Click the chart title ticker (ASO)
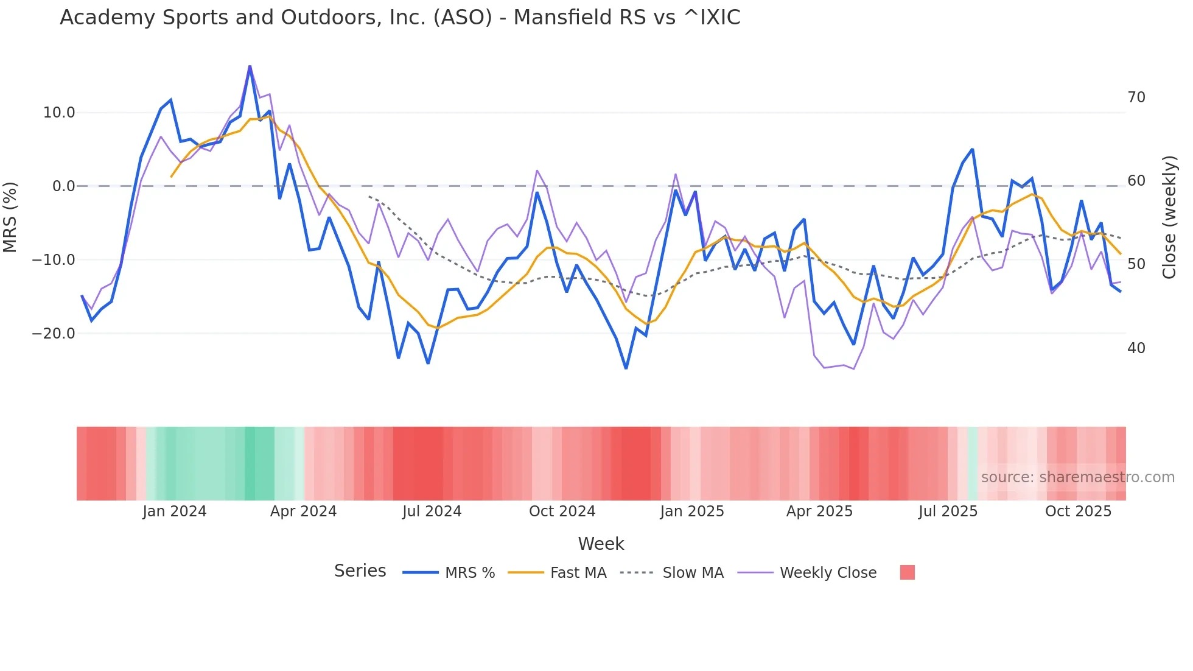click(463, 18)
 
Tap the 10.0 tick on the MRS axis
click(59, 113)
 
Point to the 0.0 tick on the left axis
click(63, 186)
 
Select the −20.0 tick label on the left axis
click(54, 334)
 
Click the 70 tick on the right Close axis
click(1136, 97)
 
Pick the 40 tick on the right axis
click(1136, 348)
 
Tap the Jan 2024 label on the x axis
click(175, 511)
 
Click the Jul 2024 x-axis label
click(432, 511)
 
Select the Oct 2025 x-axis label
click(1078, 511)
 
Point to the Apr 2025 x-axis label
click(819, 511)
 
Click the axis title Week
click(601, 544)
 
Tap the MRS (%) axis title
click(10, 217)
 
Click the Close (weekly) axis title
click(1169, 217)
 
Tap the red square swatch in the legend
click(907, 572)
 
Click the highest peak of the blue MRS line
click(250, 66)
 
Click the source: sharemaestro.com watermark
click(1077, 477)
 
